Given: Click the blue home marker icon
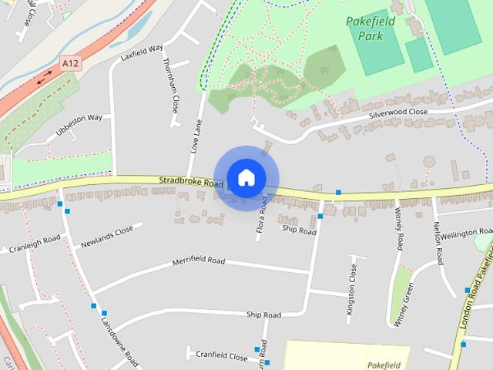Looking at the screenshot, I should [x=246, y=177].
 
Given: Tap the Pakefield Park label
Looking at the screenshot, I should [x=370, y=29].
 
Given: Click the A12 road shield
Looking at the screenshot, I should [x=71, y=62].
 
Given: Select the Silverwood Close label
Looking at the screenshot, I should [x=397, y=113].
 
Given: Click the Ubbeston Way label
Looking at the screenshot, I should [x=79, y=125].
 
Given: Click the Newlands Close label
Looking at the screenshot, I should [x=107, y=237].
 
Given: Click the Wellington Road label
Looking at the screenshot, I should [x=466, y=232].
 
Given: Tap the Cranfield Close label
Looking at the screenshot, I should [x=222, y=357].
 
